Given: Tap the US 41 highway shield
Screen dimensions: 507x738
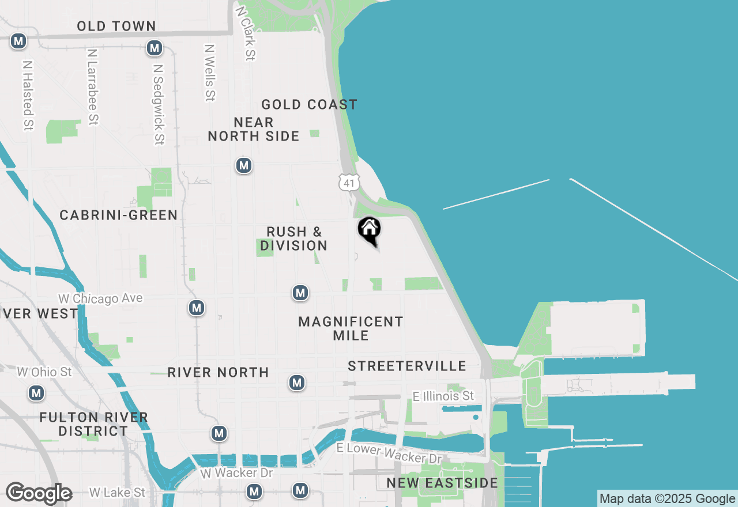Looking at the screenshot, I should click(349, 183).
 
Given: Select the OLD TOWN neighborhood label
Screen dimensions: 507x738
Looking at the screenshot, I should click(116, 26).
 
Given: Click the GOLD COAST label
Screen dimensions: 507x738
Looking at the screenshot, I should click(310, 104).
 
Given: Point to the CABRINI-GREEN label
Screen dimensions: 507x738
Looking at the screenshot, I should click(119, 215).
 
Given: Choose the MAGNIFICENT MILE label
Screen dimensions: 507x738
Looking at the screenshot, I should click(351, 328).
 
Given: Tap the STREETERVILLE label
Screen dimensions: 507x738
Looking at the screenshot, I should click(407, 366).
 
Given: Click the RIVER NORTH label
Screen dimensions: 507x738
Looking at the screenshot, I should click(219, 373).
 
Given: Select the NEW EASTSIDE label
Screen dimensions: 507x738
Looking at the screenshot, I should click(442, 483).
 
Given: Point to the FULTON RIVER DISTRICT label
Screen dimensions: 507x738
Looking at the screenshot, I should click(93, 424).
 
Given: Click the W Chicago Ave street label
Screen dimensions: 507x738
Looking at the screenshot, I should click(100, 298).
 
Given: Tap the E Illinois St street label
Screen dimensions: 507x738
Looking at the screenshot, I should click(443, 396).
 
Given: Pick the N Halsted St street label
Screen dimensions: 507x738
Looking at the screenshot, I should click(28, 95).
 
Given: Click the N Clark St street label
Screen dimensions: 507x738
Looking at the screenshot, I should click(245, 33).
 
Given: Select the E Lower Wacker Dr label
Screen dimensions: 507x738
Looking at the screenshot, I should click(389, 453).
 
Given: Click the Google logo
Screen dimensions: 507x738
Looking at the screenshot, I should click(39, 494).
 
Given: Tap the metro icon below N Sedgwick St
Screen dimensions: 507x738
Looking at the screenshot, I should click(197, 308).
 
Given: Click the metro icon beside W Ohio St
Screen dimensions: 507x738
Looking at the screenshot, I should click(36, 394).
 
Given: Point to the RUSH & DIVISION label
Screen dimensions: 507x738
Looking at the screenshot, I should click(294, 239).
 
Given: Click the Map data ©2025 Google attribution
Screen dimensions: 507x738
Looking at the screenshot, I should click(667, 499).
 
